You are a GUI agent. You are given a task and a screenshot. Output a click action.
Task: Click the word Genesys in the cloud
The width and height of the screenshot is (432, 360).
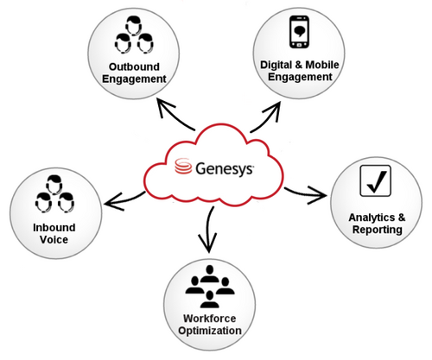pyautogui.click(x=225, y=169)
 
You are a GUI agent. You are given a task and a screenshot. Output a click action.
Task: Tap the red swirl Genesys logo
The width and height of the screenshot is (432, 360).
pyautogui.click(x=183, y=166)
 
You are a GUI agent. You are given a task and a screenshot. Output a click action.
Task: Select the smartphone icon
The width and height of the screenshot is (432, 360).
pyautogui.click(x=300, y=32)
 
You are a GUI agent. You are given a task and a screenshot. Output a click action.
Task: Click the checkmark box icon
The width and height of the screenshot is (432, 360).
pyautogui.click(x=376, y=180)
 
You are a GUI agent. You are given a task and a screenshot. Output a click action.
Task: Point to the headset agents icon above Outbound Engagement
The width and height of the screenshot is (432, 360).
pyautogui.click(x=134, y=35)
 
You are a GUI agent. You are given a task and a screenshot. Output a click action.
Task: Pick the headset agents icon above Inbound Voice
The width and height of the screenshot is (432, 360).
pyautogui.click(x=54, y=194)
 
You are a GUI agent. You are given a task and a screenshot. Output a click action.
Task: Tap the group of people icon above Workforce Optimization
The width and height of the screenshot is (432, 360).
pyautogui.click(x=210, y=287)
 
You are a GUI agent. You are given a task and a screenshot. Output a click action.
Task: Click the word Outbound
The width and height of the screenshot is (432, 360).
pyautogui.click(x=134, y=66)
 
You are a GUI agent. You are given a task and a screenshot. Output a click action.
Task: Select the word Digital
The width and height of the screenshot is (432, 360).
pyautogui.click(x=276, y=65)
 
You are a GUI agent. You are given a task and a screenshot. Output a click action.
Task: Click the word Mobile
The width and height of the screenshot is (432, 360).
pyautogui.click(x=322, y=65)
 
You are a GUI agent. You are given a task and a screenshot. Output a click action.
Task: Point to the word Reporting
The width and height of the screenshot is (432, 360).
pyautogui.click(x=378, y=230)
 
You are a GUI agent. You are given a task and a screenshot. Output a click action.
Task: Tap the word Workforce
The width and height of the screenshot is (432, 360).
pyautogui.click(x=210, y=319)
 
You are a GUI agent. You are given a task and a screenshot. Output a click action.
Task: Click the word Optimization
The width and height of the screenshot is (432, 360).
pyautogui.click(x=210, y=331)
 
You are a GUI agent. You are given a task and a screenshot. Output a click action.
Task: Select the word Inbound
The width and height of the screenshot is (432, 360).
pyautogui.click(x=54, y=228)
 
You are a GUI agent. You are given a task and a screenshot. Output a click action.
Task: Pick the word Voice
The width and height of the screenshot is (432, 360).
pyautogui.click(x=54, y=240)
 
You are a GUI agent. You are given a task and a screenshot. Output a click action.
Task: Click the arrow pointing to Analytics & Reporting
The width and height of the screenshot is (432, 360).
pyautogui.click(x=305, y=193)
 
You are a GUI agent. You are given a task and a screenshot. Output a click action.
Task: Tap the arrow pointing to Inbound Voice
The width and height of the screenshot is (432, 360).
pyautogui.click(x=124, y=200)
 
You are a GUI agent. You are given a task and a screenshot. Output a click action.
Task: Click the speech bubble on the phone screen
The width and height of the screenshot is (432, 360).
pyautogui.click(x=300, y=31)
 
